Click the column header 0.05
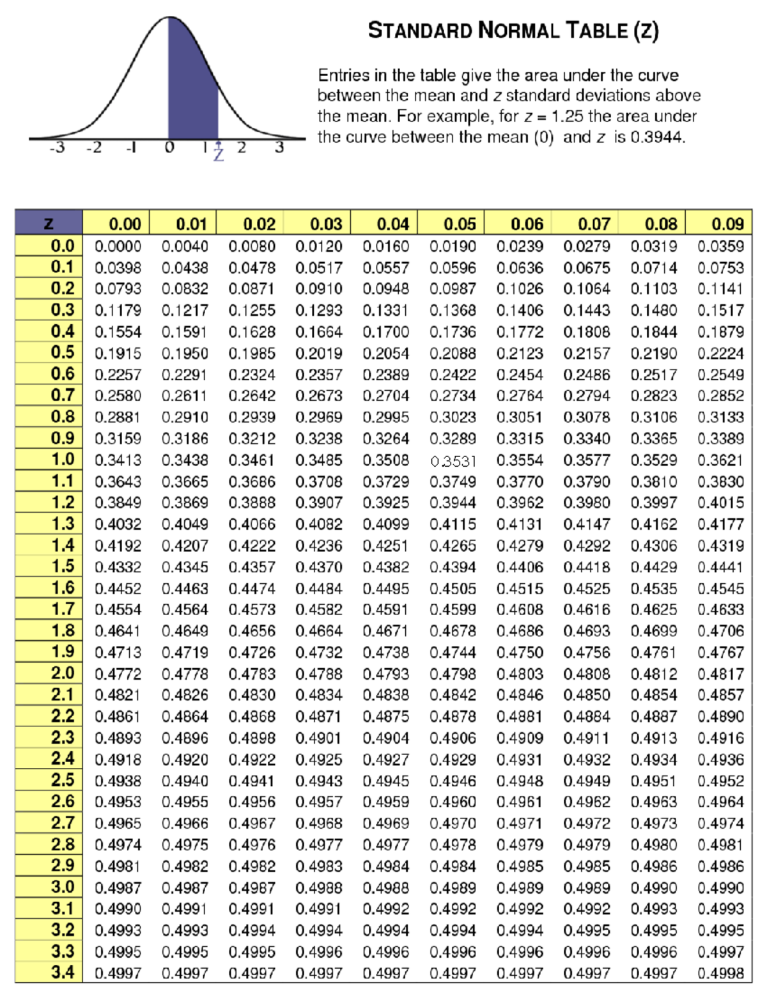click(x=459, y=224)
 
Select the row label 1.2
click(x=63, y=503)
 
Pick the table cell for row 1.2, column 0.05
click(x=453, y=503)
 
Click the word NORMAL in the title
click(x=518, y=30)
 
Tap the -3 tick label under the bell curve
click(x=57, y=148)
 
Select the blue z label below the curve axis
click(x=219, y=154)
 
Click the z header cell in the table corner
click(x=49, y=224)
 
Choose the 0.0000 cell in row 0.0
click(x=118, y=246)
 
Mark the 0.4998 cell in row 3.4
click(x=720, y=973)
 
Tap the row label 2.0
click(x=63, y=673)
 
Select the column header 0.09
click(x=727, y=224)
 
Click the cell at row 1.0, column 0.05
click(x=453, y=461)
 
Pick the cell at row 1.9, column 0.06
click(x=520, y=652)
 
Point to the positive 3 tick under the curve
click(x=279, y=147)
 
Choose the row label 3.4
click(x=63, y=973)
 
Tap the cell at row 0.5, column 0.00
click(x=118, y=353)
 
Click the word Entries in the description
click(x=343, y=75)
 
